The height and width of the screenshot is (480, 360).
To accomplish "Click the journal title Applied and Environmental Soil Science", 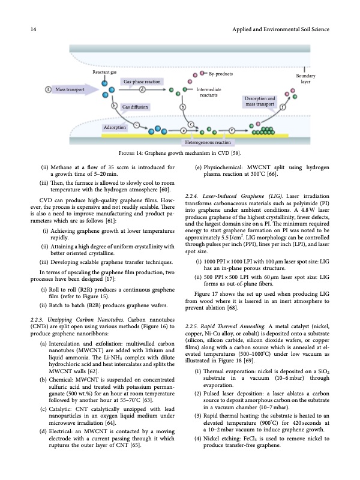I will tap(278, 29).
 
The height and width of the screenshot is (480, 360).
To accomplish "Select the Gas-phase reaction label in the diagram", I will tap(142, 81).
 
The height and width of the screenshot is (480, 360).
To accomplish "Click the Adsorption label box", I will tap(115, 128).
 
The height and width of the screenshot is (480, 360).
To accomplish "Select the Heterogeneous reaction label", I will tap(208, 142).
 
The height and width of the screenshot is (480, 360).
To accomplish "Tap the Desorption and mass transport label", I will tap(260, 101).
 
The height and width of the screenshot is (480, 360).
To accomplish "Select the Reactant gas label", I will tap(104, 72).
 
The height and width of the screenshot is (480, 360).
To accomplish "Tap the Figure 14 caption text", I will tap(180, 154).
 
